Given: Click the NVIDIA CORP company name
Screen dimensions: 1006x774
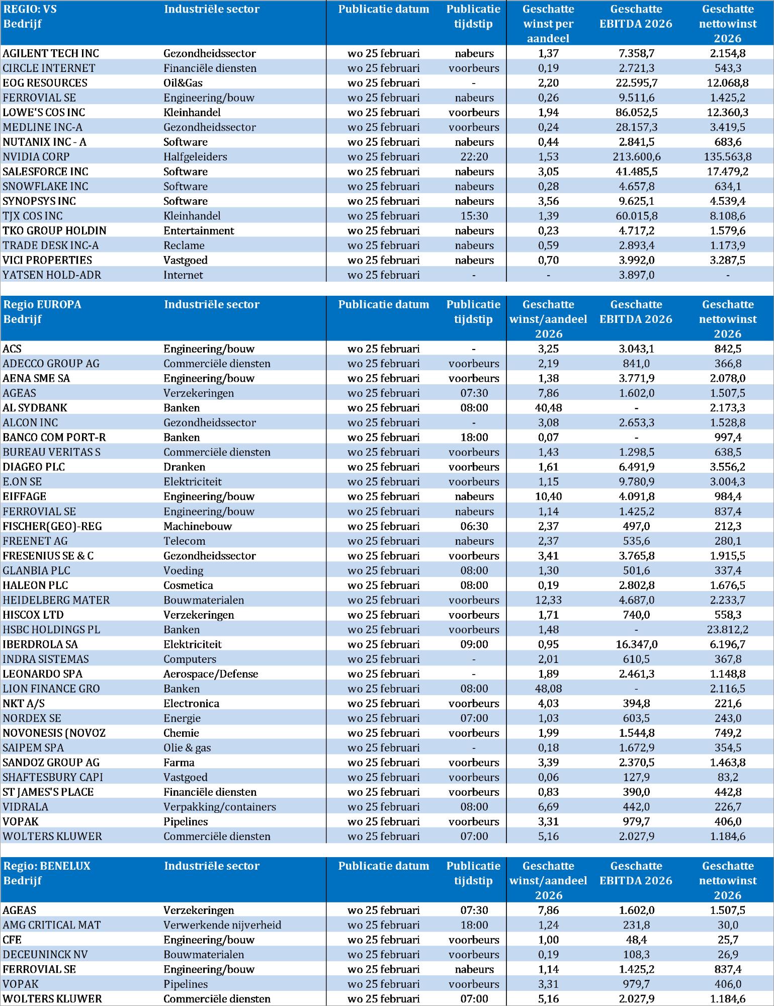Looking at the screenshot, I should pyautogui.click(x=36, y=157).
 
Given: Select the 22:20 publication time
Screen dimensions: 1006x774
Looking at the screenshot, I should pyautogui.click(x=474, y=157).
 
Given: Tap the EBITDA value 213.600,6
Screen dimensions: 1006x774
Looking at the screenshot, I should pyautogui.click(x=636, y=157).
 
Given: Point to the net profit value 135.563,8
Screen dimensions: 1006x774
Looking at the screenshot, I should pyautogui.click(x=727, y=157).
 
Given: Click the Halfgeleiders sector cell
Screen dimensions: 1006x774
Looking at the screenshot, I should pyautogui.click(x=195, y=157).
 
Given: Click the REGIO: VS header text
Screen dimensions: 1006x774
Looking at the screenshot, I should pyautogui.click(x=30, y=9).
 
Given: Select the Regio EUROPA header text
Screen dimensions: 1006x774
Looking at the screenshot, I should pyautogui.click(x=42, y=304).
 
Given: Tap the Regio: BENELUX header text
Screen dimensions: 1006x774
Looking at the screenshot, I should pyautogui.click(x=47, y=866).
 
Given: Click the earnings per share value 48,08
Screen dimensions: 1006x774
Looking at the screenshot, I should pyautogui.click(x=548, y=689).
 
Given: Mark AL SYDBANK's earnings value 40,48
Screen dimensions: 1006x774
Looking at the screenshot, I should pyautogui.click(x=548, y=408).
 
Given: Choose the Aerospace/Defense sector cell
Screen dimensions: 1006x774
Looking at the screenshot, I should pyautogui.click(x=211, y=674).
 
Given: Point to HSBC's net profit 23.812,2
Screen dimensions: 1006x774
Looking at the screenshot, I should pyautogui.click(x=727, y=630).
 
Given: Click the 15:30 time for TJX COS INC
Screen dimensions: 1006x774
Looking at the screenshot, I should pyautogui.click(x=474, y=216).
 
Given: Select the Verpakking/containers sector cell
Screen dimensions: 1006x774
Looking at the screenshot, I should pyautogui.click(x=220, y=807).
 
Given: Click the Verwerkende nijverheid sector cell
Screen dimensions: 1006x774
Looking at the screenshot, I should pyautogui.click(x=222, y=925).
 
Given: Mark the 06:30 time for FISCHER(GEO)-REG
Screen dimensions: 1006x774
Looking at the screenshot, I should pyautogui.click(x=474, y=526).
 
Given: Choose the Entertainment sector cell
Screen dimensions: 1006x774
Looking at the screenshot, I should pyautogui.click(x=199, y=231).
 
